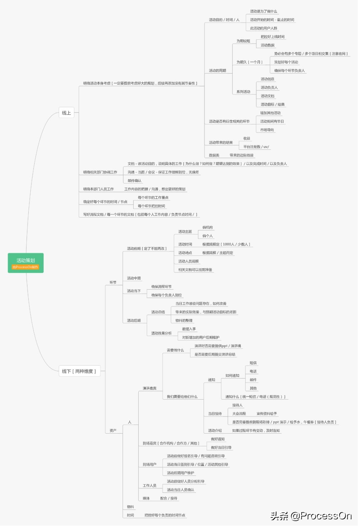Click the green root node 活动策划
point(26,260)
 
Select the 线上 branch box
point(66,113)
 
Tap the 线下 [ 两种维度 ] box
point(79,371)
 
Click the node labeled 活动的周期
point(217,71)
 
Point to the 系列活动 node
point(243,92)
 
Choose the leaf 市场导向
point(267,130)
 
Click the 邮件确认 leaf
point(135,181)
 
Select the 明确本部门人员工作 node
point(98,189)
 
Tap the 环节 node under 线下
point(113,283)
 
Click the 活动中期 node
point(134,278)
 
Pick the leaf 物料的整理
point(184,321)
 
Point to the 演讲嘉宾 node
point(150,388)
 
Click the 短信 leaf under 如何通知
point(253,363)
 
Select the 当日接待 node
point(215,414)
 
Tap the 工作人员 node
point(150,486)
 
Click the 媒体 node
point(146,498)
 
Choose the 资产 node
point(113,431)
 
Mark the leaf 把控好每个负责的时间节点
point(165,515)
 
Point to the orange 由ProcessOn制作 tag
point(25,267)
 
